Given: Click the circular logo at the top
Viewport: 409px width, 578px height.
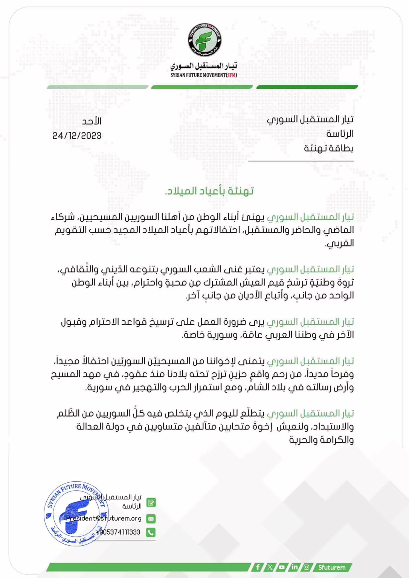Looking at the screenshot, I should coord(204,40).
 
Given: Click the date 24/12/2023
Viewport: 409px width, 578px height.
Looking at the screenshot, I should coord(77,135).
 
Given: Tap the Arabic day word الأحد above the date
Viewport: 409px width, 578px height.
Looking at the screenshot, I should coord(92,121).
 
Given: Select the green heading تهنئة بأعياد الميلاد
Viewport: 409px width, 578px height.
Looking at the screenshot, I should coord(209,191).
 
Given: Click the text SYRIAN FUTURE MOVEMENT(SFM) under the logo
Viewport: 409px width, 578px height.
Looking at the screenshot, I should coord(204,75).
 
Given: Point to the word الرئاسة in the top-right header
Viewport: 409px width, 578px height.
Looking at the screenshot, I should coord(340,134).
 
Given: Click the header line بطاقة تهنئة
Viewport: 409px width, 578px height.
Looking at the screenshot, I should coord(329,148).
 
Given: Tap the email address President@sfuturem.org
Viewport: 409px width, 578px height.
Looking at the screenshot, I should coord(104,519).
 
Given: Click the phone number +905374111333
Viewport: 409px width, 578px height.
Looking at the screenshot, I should coord(118,532).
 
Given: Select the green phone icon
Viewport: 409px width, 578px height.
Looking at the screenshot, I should coord(151,532).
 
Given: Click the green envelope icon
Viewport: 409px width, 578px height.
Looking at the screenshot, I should coord(151,519).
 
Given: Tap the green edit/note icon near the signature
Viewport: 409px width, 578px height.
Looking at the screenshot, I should coord(151,503).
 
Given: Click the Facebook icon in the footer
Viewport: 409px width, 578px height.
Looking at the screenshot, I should coord(258,567).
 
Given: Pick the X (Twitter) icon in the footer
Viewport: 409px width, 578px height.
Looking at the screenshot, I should coord(270,567).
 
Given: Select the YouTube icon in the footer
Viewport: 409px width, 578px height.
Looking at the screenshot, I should coord(282,567).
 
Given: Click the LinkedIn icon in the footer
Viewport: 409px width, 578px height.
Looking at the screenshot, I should coord(294,567).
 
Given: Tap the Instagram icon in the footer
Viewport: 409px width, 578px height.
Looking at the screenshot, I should coord(307,567).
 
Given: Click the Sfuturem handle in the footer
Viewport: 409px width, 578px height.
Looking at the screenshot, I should coord(332,567).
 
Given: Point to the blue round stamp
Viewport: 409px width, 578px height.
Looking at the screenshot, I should coord(76,513).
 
